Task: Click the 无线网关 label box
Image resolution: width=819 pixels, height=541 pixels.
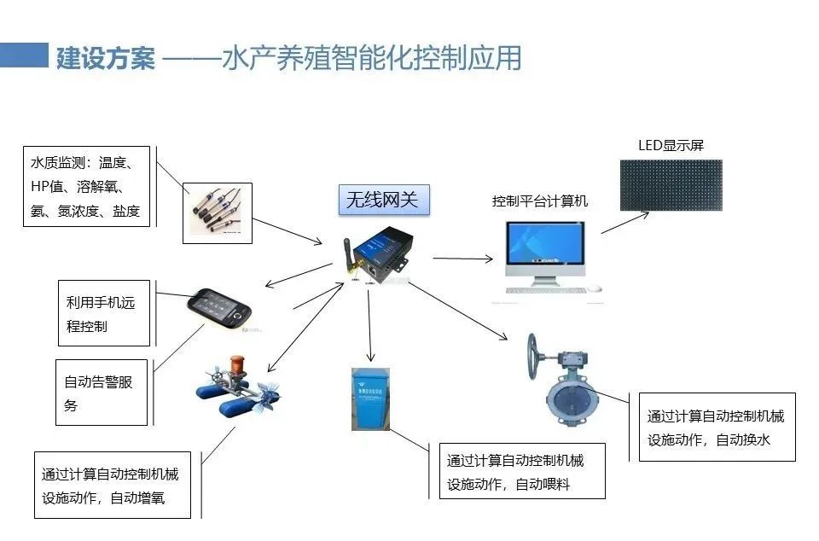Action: click(382, 200)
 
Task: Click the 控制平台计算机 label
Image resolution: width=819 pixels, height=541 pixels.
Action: click(540, 202)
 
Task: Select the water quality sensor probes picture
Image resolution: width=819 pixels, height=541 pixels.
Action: click(218, 212)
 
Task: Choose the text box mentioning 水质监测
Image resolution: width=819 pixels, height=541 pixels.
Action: click(87, 186)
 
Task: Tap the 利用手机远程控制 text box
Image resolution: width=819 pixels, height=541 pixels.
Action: click(103, 313)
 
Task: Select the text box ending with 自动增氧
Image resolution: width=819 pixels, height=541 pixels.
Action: click(117, 486)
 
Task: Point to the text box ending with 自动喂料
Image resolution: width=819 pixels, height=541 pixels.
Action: click(522, 471)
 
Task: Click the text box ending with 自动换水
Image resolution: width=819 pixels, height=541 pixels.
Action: click(717, 427)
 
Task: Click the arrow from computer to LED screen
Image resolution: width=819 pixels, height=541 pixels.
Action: click(625, 220)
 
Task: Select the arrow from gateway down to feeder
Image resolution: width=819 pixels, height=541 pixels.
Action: click(369, 324)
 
